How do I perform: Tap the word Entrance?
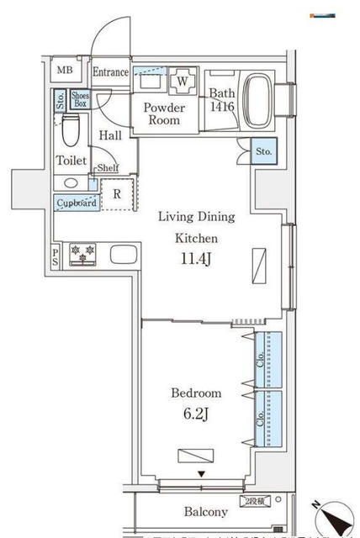coord(110,72)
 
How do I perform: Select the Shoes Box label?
coord(80,101)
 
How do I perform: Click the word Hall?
coord(110,135)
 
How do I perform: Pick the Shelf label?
coord(108,168)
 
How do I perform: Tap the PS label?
coord(56,256)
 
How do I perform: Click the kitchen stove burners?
coord(85,252)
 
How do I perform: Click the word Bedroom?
coord(196,393)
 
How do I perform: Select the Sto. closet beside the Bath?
coord(263,152)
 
